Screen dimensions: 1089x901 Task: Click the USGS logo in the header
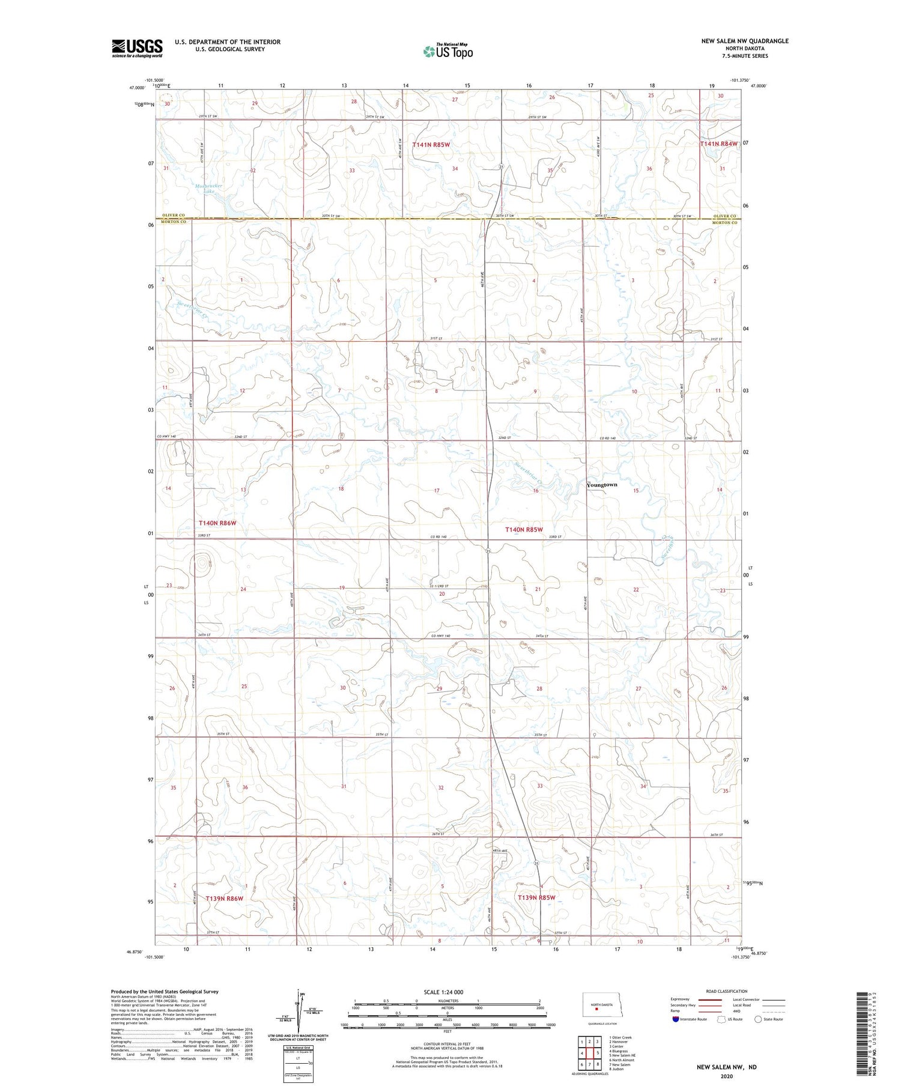pyautogui.click(x=137, y=48)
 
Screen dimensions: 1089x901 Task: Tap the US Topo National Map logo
pyautogui.click(x=447, y=51)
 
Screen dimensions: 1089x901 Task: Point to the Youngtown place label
pyautogui.click(x=601, y=485)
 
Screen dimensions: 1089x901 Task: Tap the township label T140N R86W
pyautogui.click(x=217, y=523)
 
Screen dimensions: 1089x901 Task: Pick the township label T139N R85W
pyautogui.click(x=536, y=897)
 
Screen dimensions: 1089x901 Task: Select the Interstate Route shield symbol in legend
pyautogui.click(x=676, y=1019)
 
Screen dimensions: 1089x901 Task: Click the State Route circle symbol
pyautogui.click(x=758, y=1019)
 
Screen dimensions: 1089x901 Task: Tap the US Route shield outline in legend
pyautogui.click(x=721, y=1019)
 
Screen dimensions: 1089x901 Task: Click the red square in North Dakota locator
pyautogui.click(x=596, y=1009)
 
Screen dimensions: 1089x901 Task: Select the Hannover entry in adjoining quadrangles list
pyautogui.click(x=619, y=1042)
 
